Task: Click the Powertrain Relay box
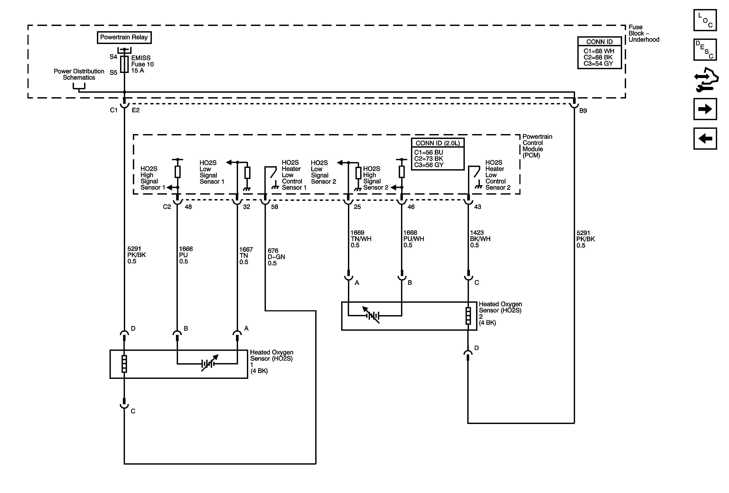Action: tap(124, 37)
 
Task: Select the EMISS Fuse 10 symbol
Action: tap(125, 64)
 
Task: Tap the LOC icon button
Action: tap(705, 20)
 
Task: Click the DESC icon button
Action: tap(705, 49)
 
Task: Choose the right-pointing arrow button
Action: tap(705, 109)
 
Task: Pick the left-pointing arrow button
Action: tap(705, 139)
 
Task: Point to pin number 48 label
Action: tap(188, 207)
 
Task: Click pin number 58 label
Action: tap(275, 207)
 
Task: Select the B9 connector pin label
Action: tap(583, 111)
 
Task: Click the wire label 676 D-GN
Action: tap(276, 257)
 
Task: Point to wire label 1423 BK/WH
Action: tap(480, 239)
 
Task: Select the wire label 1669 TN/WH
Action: tap(361, 239)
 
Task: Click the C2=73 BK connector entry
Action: tap(428, 159)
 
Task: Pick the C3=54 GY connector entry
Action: tap(598, 64)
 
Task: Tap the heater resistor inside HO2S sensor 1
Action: tap(124, 364)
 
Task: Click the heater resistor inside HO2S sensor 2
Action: tap(468, 316)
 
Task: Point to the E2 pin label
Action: tap(135, 110)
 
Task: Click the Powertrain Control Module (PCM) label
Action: tap(537, 146)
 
